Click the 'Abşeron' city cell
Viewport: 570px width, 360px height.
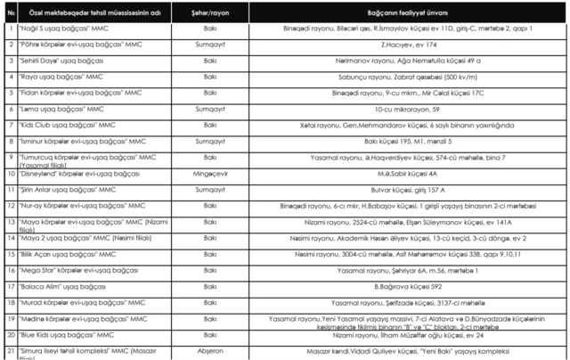click(x=210, y=351)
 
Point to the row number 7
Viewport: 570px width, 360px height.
click(x=8, y=125)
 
